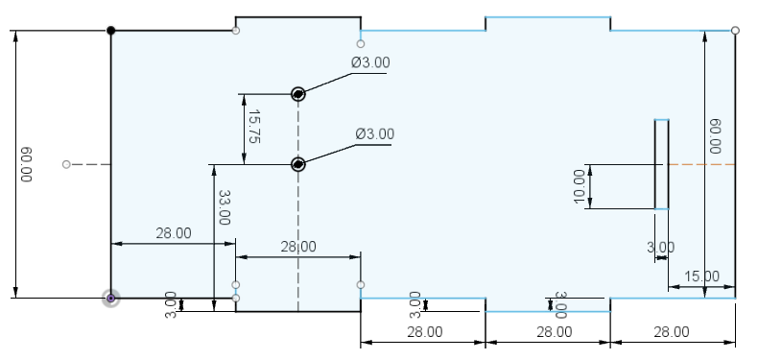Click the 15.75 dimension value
click(x=254, y=127)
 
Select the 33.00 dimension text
click(x=225, y=207)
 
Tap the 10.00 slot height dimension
click(x=580, y=187)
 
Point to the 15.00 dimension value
click(x=702, y=276)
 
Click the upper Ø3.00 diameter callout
click(x=370, y=62)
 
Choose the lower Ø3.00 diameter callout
click(x=374, y=133)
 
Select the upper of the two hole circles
click(x=298, y=94)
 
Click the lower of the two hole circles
click(x=298, y=164)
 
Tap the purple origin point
click(x=110, y=298)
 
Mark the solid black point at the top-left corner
click(x=110, y=31)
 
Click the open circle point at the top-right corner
click(x=735, y=31)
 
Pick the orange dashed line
click(x=702, y=164)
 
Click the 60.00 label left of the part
click(x=27, y=164)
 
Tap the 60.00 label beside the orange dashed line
click(x=716, y=136)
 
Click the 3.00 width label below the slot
click(x=661, y=248)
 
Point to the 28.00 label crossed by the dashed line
click(x=298, y=247)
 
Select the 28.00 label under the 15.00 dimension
click(x=672, y=332)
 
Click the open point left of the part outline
click(x=67, y=164)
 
